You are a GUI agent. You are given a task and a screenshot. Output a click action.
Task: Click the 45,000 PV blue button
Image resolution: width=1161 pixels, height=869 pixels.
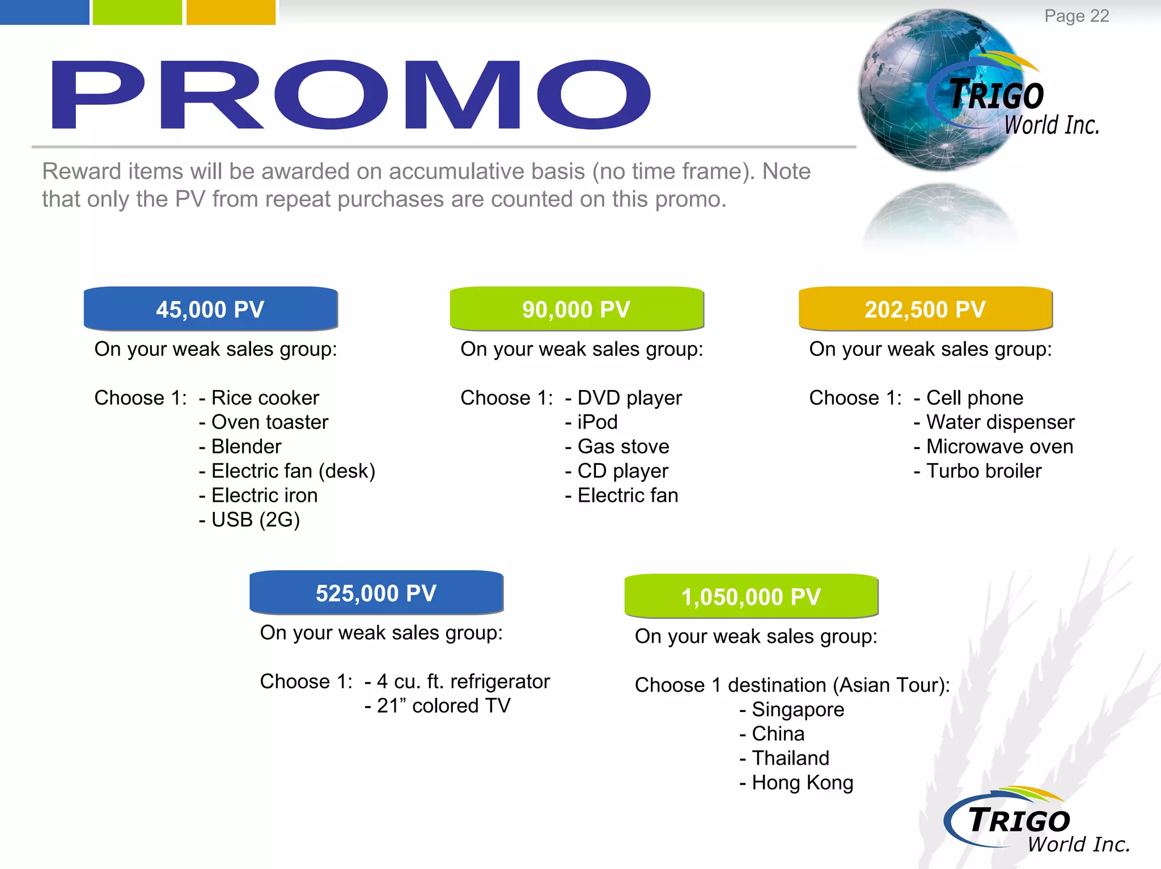[x=210, y=309]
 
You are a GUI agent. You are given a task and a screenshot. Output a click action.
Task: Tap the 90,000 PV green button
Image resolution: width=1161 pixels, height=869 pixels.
[x=577, y=309]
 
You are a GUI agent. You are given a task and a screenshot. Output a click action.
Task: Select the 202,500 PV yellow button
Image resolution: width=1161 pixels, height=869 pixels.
[x=925, y=309]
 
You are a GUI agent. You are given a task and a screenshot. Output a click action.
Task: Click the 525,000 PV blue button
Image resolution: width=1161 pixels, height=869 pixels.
[x=376, y=593]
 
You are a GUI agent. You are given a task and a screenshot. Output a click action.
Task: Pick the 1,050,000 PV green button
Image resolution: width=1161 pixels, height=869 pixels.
[x=751, y=596]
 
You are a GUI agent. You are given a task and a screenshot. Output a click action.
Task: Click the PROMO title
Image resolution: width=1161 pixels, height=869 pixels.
[x=351, y=95]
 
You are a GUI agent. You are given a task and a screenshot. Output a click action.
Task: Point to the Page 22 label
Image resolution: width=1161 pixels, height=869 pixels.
[x=1077, y=16]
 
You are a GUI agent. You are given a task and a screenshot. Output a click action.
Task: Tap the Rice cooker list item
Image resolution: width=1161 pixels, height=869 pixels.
[x=265, y=398]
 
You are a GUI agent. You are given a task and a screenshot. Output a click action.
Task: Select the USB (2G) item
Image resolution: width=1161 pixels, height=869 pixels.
[x=255, y=520]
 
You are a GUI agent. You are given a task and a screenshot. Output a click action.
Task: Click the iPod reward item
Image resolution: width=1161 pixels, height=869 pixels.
[x=597, y=422]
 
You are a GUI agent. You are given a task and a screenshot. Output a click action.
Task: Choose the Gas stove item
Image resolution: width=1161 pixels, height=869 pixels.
[x=623, y=447]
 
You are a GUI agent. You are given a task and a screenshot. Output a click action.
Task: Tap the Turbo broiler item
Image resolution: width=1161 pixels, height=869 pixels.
[x=984, y=471]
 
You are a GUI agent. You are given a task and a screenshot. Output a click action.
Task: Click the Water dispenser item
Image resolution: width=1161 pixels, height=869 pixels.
[x=1000, y=422]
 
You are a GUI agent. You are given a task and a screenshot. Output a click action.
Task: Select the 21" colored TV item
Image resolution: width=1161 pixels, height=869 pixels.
[x=443, y=706]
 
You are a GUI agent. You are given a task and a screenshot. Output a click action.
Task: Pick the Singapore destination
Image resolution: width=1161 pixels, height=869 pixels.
[x=798, y=710]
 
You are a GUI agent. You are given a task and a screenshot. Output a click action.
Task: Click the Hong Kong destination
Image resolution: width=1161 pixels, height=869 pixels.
[x=802, y=783]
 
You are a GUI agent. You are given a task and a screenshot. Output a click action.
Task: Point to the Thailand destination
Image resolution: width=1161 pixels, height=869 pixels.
[x=790, y=758]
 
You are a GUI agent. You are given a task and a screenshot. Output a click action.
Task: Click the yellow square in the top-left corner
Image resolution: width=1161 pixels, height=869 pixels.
[x=231, y=12]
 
